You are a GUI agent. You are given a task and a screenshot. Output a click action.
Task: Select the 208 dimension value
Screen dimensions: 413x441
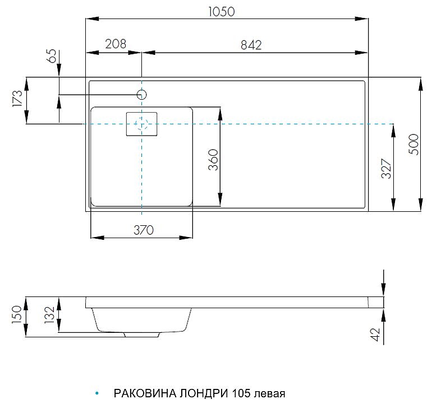(115, 44)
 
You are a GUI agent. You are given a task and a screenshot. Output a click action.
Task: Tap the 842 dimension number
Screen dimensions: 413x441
(251, 45)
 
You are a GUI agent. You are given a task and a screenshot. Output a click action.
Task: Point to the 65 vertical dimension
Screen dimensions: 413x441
(52, 56)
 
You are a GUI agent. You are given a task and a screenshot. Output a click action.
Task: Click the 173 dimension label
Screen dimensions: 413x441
(17, 99)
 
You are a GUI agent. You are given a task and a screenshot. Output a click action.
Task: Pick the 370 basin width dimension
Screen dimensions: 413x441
(143, 229)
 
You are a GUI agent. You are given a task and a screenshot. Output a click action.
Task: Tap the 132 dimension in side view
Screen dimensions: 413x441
(49, 315)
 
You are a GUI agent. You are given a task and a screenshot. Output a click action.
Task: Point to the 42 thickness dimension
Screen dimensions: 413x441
(376, 334)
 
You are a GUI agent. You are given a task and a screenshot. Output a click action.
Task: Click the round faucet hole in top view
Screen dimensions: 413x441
(141, 95)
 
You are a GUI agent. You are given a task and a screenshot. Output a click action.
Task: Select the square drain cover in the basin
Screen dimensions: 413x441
(141, 124)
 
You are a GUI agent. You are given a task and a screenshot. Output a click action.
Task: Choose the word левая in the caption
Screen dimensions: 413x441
(269, 393)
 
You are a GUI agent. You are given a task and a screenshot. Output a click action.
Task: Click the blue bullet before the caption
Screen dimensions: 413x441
(97, 394)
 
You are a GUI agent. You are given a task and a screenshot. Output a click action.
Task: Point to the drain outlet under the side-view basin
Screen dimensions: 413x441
(142, 335)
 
